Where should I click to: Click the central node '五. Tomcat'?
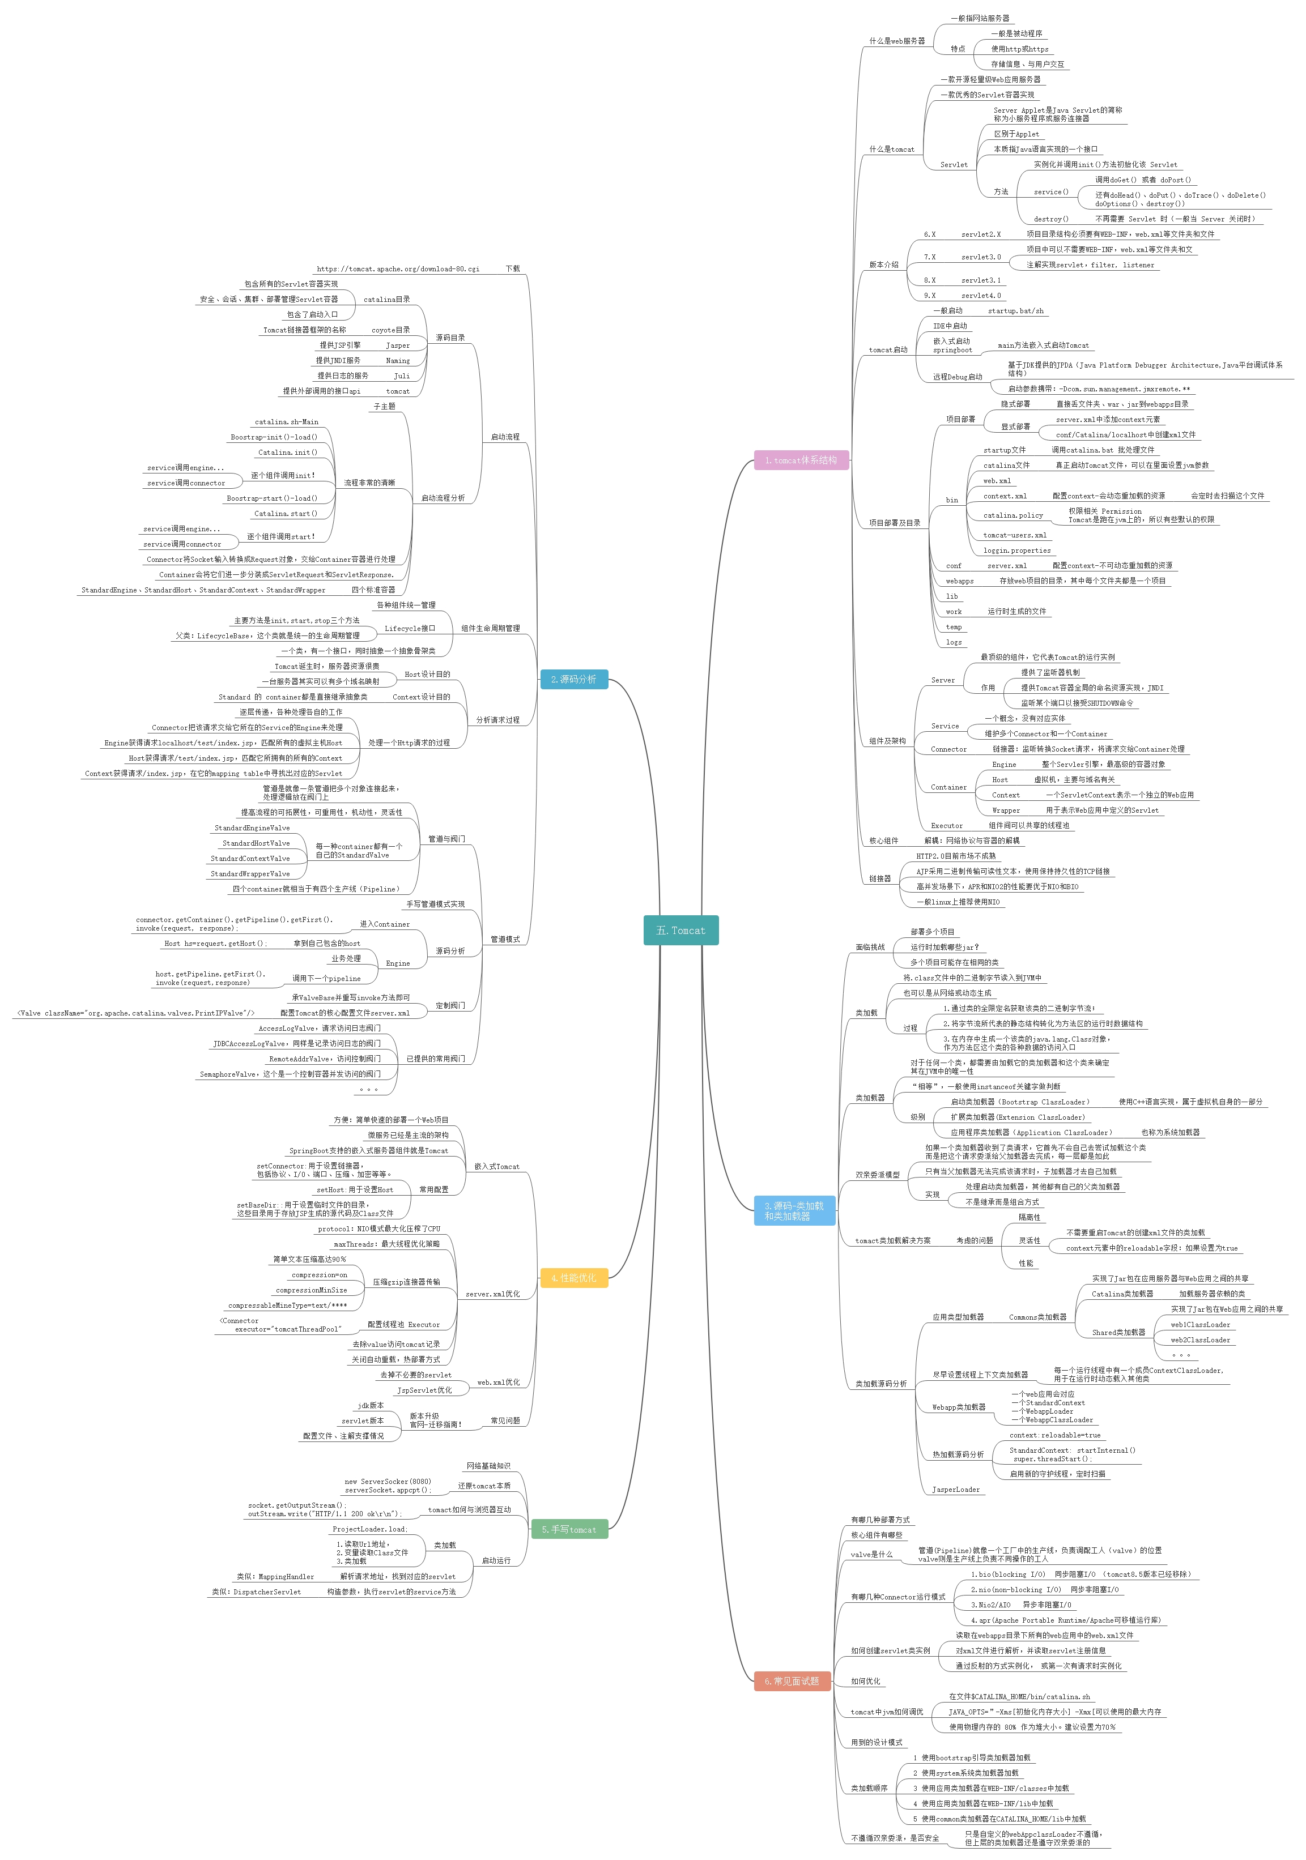click(x=680, y=930)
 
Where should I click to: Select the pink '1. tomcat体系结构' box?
click(x=801, y=460)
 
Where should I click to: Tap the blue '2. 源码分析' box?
click(x=573, y=679)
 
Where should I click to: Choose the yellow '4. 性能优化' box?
click(x=573, y=1278)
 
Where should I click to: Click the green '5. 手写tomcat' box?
click(x=569, y=1529)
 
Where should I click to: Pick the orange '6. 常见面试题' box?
click(x=792, y=1681)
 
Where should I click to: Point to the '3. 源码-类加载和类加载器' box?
click(x=794, y=1210)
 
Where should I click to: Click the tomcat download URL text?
click(x=398, y=269)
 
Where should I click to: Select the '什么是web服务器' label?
click(x=897, y=41)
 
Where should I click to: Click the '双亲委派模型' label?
click(x=878, y=1175)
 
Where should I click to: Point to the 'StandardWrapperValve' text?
click(x=250, y=874)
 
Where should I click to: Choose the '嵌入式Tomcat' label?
click(x=497, y=1167)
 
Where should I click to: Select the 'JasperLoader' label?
click(x=956, y=1490)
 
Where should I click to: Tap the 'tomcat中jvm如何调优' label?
click(x=887, y=1712)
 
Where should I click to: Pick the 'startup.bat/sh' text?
click(x=1016, y=311)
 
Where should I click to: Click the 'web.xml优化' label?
click(x=498, y=1383)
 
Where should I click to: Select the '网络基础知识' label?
click(x=488, y=1465)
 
